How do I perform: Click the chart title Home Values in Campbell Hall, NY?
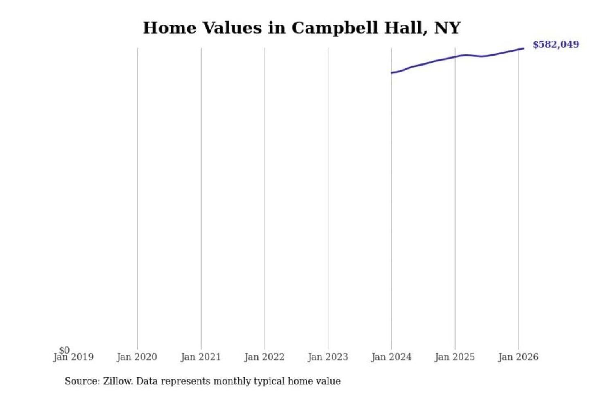[301, 28]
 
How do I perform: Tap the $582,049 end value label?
[555, 44]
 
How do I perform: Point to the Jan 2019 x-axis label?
[74, 357]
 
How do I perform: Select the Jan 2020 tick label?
[137, 357]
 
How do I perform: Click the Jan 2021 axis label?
[200, 357]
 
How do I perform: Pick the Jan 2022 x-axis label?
[264, 357]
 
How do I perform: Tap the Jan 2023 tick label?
[328, 357]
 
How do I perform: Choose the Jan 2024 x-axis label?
[391, 357]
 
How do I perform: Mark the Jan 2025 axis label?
[454, 357]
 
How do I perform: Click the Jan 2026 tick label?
[518, 357]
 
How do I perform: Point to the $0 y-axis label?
[64, 350]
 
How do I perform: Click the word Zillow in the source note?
[117, 381]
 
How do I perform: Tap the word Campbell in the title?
[335, 28]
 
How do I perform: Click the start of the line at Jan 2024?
[392, 73]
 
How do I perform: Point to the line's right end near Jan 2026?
[523, 49]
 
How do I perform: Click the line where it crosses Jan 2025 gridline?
[455, 57]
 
